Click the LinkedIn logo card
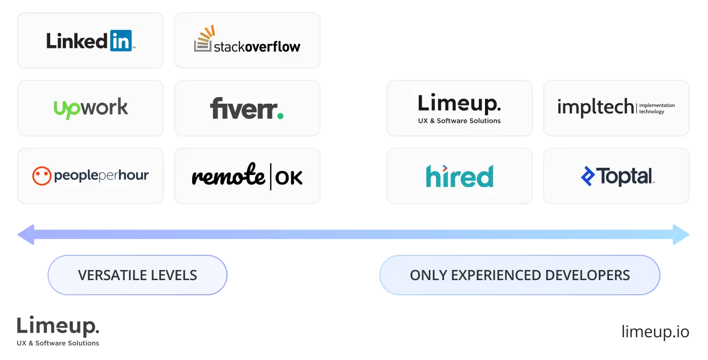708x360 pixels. (x=91, y=40)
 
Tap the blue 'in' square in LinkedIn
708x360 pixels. (x=120, y=40)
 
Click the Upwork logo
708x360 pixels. (x=91, y=108)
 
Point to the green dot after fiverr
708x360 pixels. (x=280, y=116)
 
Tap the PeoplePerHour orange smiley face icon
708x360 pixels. (x=41, y=175)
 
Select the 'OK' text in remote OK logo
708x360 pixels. (x=289, y=177)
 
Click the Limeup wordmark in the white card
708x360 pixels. (x=459, y=104)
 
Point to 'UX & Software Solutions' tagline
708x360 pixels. (x=459, y=121)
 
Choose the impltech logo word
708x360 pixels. (x=595, y=107)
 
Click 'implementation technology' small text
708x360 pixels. (x=657, y=108)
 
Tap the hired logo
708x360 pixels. (x=459, y=176)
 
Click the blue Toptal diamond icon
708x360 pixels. (x=588, y=176)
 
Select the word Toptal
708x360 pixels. (x=626, y=176)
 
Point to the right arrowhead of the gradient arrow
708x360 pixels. (x=683, y=235)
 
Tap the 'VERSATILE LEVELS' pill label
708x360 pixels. (x=138, y=275)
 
